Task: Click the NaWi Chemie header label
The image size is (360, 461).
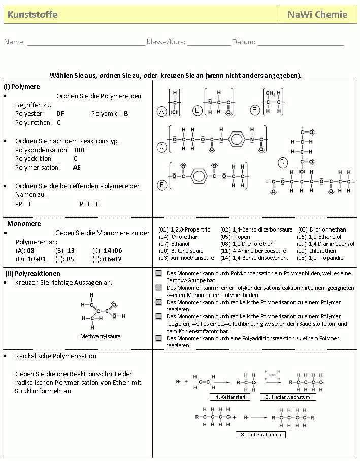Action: pyautogui.click(x=317, y=15)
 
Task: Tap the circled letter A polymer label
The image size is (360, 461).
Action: pyautogui.click(x=162, y=111)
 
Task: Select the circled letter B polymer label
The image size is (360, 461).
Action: pyautogui.click(x=198, y=110)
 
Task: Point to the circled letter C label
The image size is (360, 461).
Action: pyautogui.click(x=162, y=147)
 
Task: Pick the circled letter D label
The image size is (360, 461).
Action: pyautogui.click(x=283, y=162)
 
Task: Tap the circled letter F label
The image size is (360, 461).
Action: pyautogui.click(x=162, y=185)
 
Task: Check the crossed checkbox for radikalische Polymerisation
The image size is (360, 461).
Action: pyautogui.click(x=159, y=302)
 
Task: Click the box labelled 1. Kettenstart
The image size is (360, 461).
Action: pyautogui.click(x=230, y=397)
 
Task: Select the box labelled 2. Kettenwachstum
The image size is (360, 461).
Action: pyautogui.click(x=287, y=397)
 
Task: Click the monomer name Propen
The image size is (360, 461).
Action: pyautogui.click(x=242, y=237)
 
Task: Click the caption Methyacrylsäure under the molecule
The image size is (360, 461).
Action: pyautogui.click(x=100, y=336)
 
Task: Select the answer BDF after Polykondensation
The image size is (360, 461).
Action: pyautogui.click(x=80, y=150)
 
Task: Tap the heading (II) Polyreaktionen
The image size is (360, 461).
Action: pyautogui.click(x=32, y=273)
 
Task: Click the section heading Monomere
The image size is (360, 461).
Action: pyautogui.click(x=24, y=223)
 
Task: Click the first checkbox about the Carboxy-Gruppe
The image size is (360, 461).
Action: pyautogui.click(x=159, y=273)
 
